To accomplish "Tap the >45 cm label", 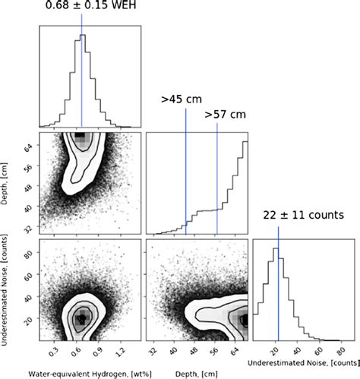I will (176, 99).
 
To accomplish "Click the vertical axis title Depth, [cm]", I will (7, 182).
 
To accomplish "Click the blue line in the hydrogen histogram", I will (81, 76).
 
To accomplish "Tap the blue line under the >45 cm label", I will (185, 175).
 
